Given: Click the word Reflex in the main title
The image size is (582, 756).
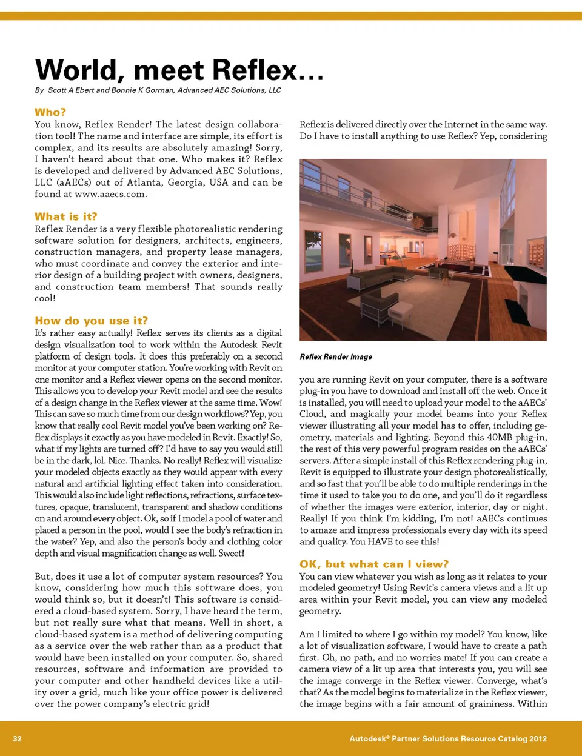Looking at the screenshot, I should pyautogui.click(x=255, y=70).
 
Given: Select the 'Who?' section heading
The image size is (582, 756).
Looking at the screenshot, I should pyautogui.click(x=50, y=112).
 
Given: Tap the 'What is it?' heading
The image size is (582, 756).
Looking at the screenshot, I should pyautogui.click(x=65, y=216).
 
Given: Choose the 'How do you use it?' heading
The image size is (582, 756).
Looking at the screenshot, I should pyautogui.click(x=91, y=321).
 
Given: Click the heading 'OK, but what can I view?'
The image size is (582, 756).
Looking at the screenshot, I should pyautogui.click(x=374, y=564).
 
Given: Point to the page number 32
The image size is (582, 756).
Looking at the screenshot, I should pyautogui.click(x=17, y=738).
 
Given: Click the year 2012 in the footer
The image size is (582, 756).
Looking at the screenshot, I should pyautogui.click(x=538, y=738).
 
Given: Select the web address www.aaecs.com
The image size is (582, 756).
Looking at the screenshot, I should pyautogui.click(x=110, y=194).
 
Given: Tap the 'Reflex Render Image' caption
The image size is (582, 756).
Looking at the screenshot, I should pyautogui.click(x=336, y=356).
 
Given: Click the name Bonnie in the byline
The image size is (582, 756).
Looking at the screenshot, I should pyautogui.click(x=124, y=90).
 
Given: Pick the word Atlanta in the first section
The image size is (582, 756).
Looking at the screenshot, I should pyautogui.click(x=127, y=182).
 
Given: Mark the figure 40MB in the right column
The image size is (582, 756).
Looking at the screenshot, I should pyautogui.click(x=500, y=437).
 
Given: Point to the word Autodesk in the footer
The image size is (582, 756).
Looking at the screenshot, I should pyautogui.click(x=368, y=738).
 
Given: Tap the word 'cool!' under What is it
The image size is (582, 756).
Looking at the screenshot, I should pyautogui.click(x=45, y=298).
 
